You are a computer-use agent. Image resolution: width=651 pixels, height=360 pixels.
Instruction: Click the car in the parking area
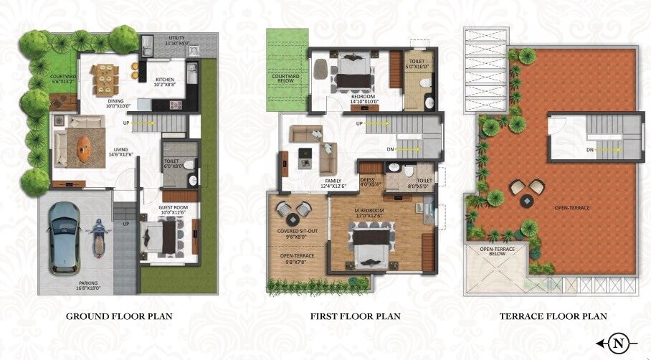pyautogui.click(x=65, y=237)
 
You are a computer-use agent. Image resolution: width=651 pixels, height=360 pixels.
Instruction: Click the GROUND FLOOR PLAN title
pyautogui.click(x=119, y=316)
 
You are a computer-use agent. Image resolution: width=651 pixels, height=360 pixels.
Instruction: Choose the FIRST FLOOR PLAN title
pyautogui.click(x=355, y=316)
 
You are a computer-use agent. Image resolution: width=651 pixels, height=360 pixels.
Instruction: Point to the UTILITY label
pyautogui.click(x=179, y=38)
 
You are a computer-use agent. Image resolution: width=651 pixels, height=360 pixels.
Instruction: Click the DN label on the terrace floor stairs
pyautogui.click(x=589, y=150)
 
